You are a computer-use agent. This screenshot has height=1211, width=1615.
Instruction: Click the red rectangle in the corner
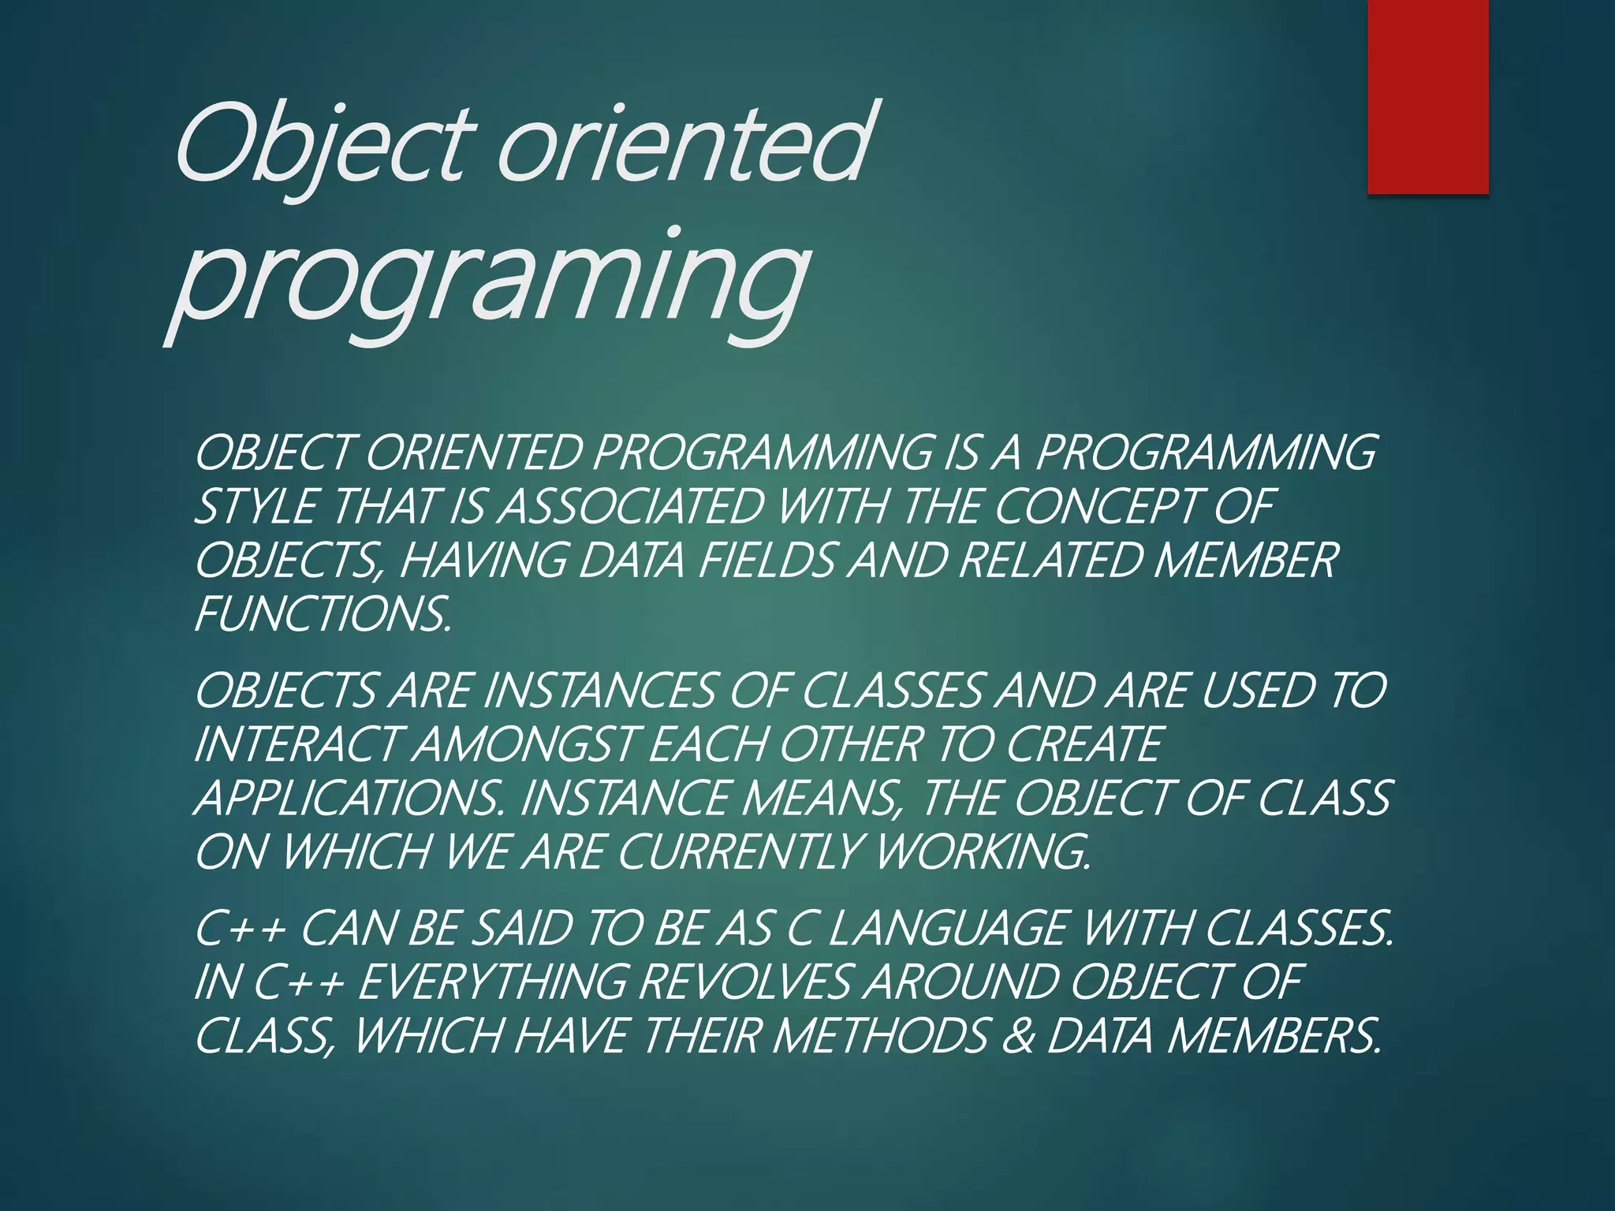[1427, 96]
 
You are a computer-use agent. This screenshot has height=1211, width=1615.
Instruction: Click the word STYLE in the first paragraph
[255, 506]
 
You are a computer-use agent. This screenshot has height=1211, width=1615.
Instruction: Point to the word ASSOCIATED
[631, 506]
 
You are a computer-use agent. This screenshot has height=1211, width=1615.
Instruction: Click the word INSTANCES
[599, 691]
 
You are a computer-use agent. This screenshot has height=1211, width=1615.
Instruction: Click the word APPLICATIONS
[348, 799]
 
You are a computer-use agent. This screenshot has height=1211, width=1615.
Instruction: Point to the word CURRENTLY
[741, 852]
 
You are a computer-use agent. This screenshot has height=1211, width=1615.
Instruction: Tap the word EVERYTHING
[494, 982]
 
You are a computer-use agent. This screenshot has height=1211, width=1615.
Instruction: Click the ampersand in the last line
[1019, 1036]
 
